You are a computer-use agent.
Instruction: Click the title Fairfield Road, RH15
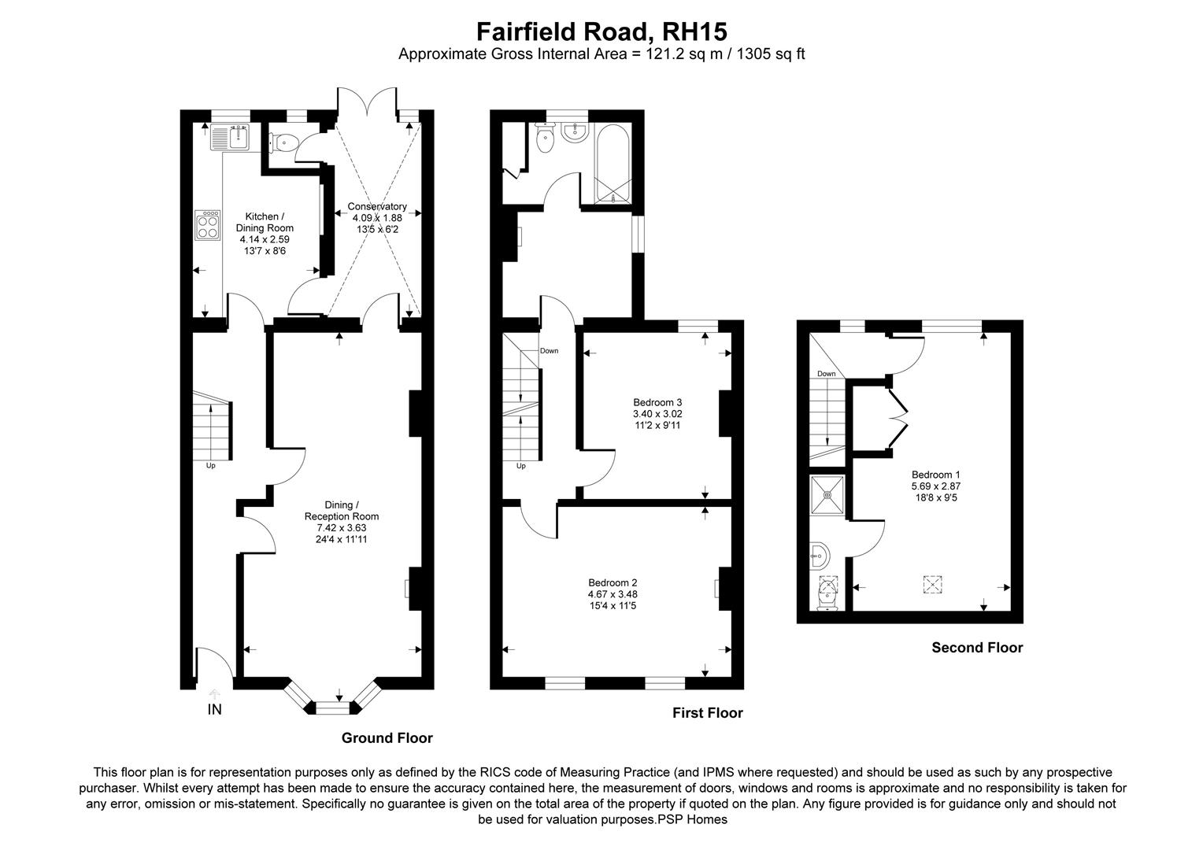[x=601, y=31]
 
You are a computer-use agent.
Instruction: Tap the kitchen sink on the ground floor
[x=229, y=139]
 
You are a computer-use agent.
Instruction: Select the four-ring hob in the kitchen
[x=209, y=224]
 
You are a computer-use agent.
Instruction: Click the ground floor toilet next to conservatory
[x=284, y=142]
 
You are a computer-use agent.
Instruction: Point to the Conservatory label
[x=377, y=207]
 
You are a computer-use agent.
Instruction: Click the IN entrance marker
[x=214, y=710]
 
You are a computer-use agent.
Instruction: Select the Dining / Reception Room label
[x=342, y=511]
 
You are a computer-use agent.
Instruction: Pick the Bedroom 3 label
[x=652, y=402]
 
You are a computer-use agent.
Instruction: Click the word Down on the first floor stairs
[x=549, y=351]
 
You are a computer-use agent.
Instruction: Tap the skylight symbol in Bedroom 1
[x=933, y=585]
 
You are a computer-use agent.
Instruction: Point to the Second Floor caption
[x=977, y=648]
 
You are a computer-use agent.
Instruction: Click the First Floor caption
[x=707, y=713]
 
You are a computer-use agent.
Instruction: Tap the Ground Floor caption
[x=387, y=738]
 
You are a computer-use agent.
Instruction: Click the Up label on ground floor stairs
[x=210, y=465]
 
